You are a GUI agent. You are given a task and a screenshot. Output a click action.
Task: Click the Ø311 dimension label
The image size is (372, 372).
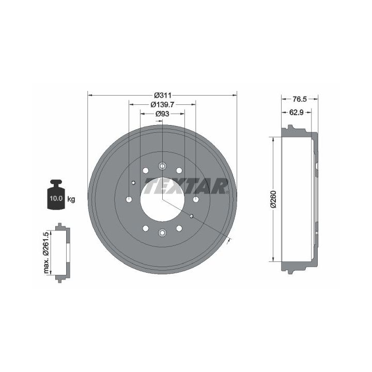coord(163,96)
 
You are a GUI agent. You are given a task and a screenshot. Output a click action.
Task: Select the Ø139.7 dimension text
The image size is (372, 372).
coord(163,104)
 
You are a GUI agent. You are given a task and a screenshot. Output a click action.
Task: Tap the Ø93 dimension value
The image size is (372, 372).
coord(163,114)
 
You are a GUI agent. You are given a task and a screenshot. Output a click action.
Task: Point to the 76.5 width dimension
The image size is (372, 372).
coord(299,99)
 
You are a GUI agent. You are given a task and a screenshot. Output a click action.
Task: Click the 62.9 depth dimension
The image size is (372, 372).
coord(297,112)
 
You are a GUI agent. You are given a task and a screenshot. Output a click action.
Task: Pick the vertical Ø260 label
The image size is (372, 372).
coord(274,199)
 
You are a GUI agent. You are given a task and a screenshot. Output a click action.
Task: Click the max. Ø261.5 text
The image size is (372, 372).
coord(47,253)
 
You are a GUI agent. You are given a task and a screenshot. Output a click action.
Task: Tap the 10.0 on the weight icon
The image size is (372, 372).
coord(56,198)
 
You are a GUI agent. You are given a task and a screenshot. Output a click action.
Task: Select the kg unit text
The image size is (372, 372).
coord(71,199)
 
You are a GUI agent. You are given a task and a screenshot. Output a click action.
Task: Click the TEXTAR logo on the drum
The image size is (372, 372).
coord(187,186)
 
